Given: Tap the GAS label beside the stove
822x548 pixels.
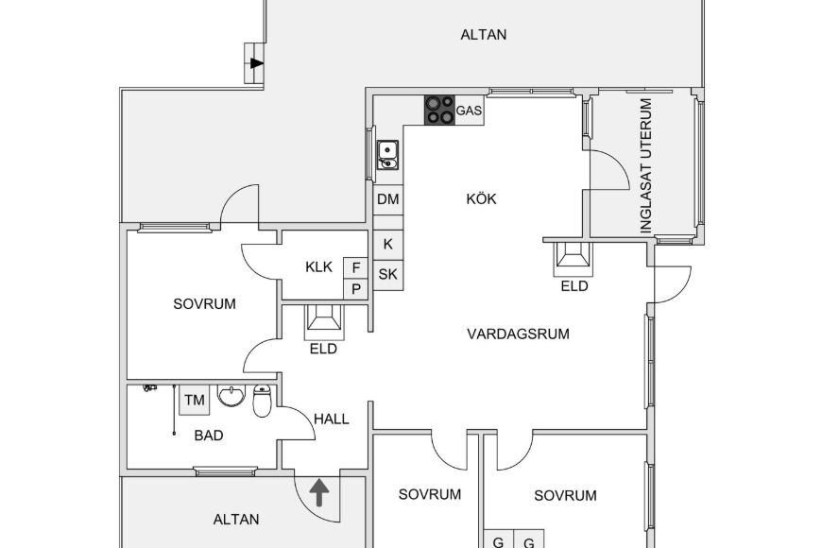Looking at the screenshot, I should [470, 111].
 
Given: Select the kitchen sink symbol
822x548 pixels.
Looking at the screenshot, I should [387, 153].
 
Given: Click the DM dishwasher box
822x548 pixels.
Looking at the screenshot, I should [387, 199].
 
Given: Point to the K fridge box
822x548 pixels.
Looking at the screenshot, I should [387, 244].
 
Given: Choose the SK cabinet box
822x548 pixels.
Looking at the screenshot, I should [387, 275].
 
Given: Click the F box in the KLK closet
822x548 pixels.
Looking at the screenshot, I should [356, 267].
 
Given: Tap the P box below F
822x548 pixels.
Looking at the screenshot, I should [356, 289].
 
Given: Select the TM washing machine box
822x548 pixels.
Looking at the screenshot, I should [195, 401].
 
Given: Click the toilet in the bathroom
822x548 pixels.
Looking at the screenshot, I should [263, 401].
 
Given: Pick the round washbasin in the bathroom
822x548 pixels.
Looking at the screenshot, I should [231, 396].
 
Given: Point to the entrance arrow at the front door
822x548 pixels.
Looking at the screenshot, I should [320, 492].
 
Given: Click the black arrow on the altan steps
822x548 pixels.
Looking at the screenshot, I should [256, 63].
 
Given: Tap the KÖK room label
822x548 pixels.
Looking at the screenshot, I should [481, 199].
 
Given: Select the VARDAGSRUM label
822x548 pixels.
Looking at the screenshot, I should [519, 333].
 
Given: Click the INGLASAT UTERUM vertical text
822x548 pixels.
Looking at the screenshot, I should [646, 165].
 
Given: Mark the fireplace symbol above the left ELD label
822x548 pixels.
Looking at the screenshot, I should [323, 322].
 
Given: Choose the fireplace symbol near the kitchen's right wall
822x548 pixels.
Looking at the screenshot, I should [573, 257].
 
